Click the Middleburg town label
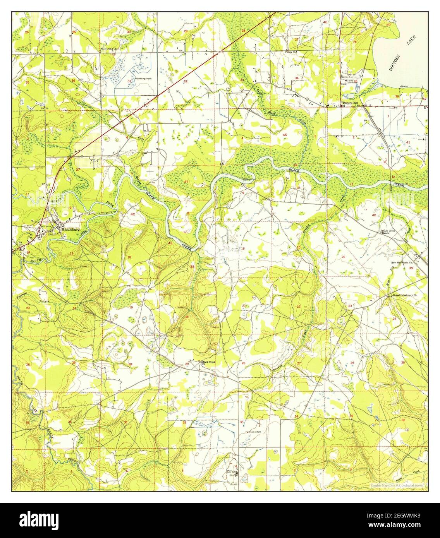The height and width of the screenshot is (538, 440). [70, 229]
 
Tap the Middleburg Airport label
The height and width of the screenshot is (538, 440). [143, 79]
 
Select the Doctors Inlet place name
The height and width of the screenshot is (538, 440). [350, 103]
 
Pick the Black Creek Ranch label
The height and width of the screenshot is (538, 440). [388, 232]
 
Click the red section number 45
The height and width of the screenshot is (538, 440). [285, 135]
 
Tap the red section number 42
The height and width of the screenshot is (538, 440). [132, 214]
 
